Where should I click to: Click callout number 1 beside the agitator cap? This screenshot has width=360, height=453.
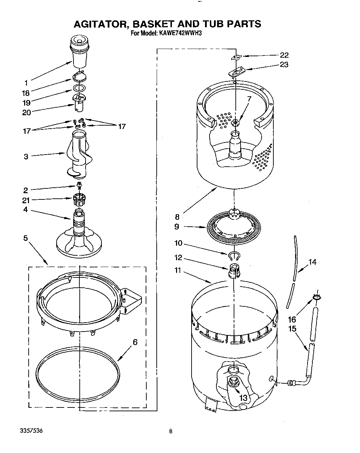(26, 82)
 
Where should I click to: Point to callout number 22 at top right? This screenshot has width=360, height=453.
(284, 55)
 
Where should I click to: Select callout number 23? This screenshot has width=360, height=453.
(284, 65)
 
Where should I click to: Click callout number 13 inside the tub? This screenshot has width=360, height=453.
(243, 398)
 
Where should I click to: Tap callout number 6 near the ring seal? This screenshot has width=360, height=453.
(135, 342)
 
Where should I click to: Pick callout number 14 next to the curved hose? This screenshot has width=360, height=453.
(312, 262)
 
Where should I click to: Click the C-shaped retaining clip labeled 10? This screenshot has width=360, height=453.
(234, 255)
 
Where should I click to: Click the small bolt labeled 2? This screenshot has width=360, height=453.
(79, 186)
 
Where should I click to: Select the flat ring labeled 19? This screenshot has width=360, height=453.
(79, 88)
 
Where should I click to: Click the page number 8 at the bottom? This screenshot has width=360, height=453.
(171, 431)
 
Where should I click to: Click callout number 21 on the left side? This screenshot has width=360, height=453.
(26, 200)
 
